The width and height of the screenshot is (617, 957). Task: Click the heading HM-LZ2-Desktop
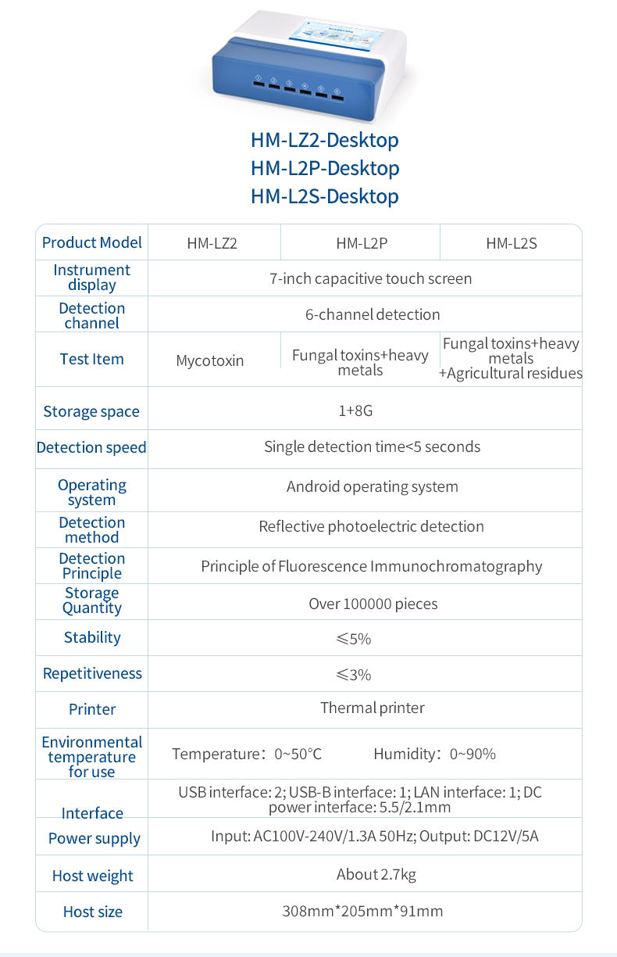point(324,140)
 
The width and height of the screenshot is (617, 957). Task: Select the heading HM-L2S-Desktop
point(324,196)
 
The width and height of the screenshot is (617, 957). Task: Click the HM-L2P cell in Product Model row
point(362,243)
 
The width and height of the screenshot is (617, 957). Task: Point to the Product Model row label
point(92,242)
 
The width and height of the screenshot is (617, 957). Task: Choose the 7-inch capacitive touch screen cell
point(371,278)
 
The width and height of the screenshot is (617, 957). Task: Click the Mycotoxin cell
point(210,360)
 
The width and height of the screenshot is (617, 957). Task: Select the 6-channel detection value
point(373,314)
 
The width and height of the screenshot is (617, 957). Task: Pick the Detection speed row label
point(91,448)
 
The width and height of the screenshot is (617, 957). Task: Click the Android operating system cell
point(373,486)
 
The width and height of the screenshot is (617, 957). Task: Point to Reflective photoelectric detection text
point(371,526)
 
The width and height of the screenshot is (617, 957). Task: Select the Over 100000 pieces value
point(373,604)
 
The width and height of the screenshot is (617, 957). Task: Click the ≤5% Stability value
point(354,639)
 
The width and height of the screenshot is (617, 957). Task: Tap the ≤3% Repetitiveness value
point(354,675)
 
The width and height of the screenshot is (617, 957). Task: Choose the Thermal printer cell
point(373,708)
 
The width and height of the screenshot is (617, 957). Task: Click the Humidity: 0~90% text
point(434,754)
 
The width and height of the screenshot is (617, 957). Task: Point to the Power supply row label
point(95,838)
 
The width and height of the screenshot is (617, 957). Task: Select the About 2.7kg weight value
point(376,874)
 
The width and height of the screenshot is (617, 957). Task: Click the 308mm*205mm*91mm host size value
point(362,911)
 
